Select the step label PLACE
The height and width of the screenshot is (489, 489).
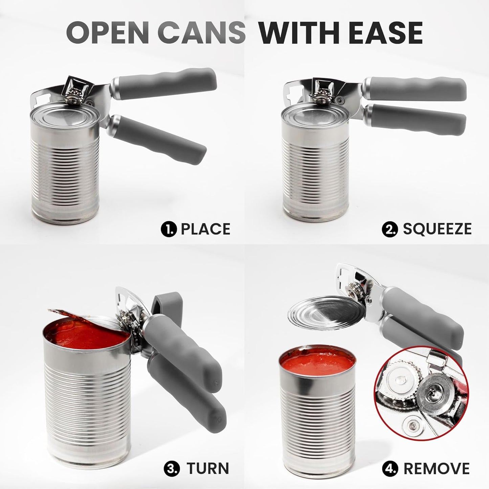click(206, 229)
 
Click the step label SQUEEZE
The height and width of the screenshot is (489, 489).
click(437, 229)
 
